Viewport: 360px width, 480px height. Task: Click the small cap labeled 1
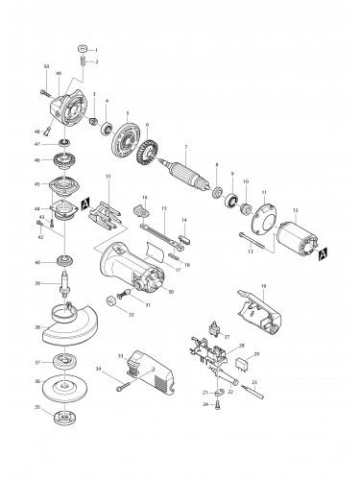83,48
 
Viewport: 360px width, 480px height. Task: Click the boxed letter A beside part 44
85,204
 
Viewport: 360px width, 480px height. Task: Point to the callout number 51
108,177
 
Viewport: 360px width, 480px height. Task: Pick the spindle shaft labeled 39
68,288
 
